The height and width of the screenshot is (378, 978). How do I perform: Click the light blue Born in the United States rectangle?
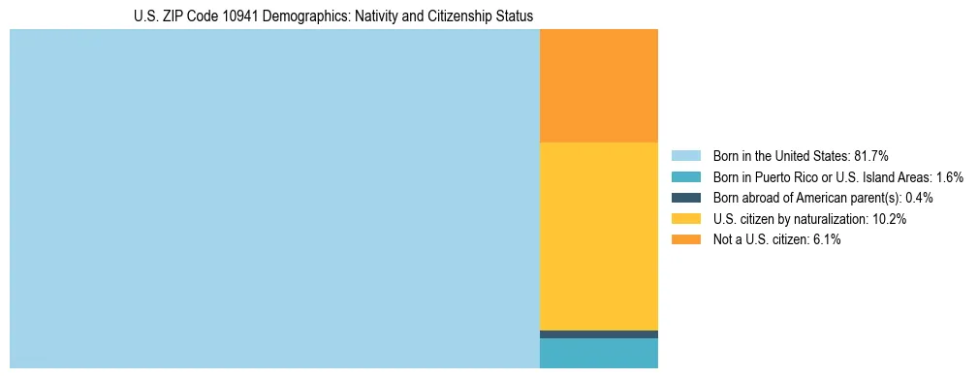[274, 199]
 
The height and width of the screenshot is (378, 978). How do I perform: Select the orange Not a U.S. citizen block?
[598, 85]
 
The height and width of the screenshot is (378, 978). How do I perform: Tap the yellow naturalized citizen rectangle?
[598, 236]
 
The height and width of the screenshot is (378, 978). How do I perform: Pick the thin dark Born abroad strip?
[598, 334]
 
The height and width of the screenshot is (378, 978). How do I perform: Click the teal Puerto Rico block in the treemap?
[598, 353]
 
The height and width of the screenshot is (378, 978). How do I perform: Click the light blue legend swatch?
[685, 155]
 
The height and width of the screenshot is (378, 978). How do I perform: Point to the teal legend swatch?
[685, 176]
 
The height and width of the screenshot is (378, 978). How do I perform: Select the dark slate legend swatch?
[685, 198]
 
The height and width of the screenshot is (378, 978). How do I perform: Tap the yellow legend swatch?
[685, 219]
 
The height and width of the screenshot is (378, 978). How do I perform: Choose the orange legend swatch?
[685, 240]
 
